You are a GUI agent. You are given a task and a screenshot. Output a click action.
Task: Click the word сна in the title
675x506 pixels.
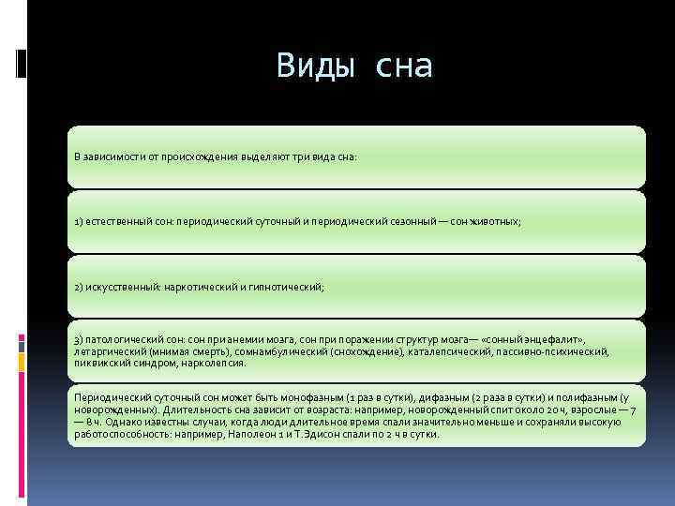pyautogui.click(x=403, y=66)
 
